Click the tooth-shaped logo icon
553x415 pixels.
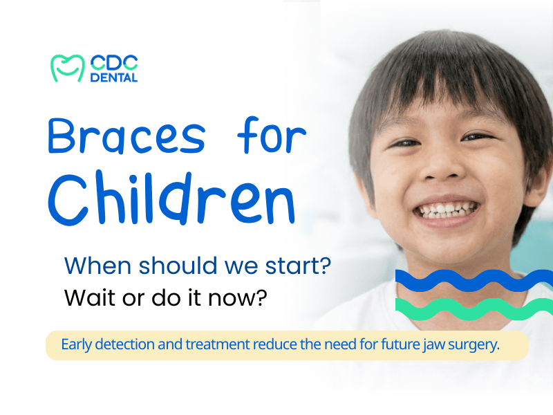tap(66, 67)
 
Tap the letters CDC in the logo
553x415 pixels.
tap(114, 62)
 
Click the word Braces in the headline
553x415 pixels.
tap(126, 136)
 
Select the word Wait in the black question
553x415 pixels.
tap(85, 297)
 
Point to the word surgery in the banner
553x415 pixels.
tap(474, 345)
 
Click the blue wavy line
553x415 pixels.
tap(474, 280)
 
